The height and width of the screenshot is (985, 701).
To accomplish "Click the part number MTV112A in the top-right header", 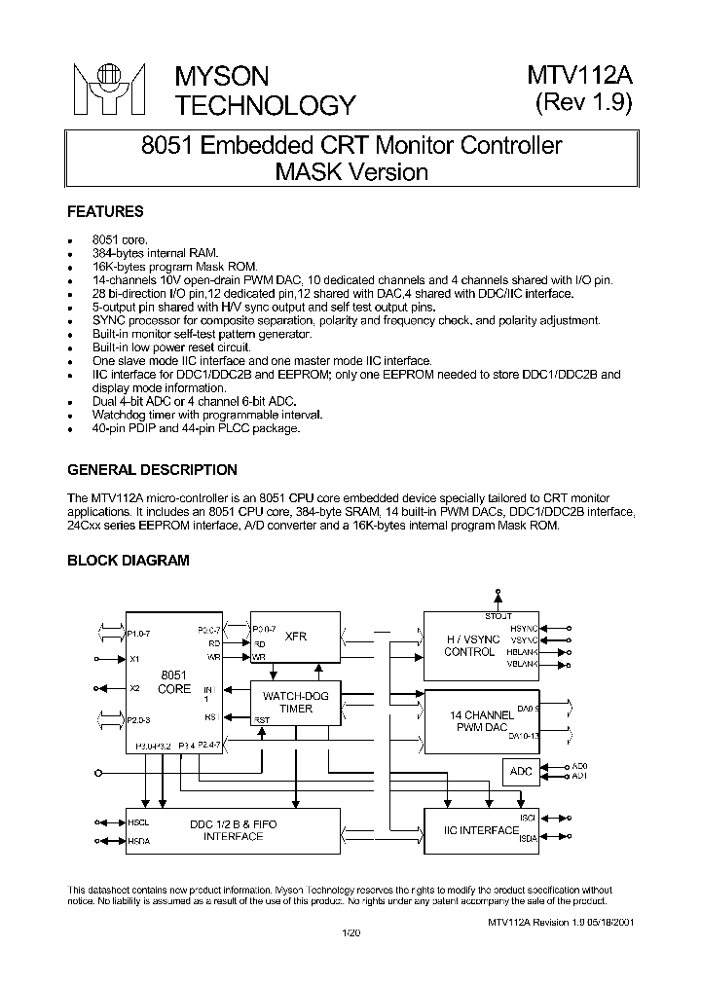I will tap(580, 77).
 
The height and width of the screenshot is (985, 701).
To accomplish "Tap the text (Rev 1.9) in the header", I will tap(584, 104).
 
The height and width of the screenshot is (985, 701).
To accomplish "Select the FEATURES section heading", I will tap(105, 211).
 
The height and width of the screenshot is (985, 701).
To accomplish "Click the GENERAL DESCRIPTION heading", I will tap(152, 470).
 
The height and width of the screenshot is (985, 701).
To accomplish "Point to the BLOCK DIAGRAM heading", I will tap(128, 560).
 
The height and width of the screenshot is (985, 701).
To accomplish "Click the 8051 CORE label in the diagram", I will tap(174, 681).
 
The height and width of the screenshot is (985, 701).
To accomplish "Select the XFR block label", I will tap(296, 636).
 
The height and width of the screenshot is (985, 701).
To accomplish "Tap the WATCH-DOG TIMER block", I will tap(296, 702).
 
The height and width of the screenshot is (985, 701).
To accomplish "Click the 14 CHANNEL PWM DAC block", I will tap(481, 720).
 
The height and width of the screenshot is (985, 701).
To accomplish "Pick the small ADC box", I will tap(522, 772).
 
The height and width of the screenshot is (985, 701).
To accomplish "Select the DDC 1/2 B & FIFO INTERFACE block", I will tap(233, 830).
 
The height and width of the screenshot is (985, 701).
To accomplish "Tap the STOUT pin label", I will tap(498, 616).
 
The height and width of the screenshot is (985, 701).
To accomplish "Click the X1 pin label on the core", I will tap(134, 659).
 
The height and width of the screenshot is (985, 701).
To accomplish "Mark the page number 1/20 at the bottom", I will tap(350, 933).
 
